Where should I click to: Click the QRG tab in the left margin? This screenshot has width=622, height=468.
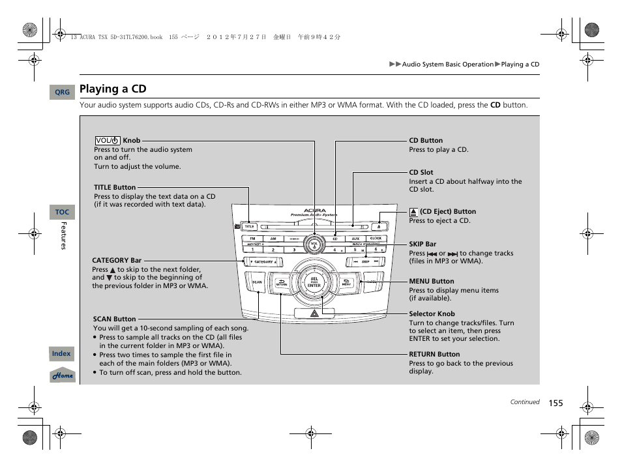click(x=62, y=93)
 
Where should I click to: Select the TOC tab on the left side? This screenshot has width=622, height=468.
click(x=62, y=212)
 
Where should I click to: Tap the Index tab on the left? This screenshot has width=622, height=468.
click(x=61, y=353)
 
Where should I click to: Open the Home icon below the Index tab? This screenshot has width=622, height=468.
click(x=63, y=375)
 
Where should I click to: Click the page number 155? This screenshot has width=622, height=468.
click(x=555, y=403)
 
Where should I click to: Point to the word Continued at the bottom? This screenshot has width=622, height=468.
click(x=524, y=402)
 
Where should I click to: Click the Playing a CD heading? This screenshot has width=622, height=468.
click(x=113, y=89)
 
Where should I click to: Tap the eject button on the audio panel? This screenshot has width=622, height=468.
click(x=379, y=227)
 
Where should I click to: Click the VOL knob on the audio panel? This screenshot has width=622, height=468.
click(x=314, y=245)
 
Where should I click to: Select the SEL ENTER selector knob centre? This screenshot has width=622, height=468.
click(x=314, y=282)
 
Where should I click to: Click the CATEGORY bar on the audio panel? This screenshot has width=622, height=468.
click(x=263, y=261)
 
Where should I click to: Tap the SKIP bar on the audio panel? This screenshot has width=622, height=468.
click(x=365, y=261)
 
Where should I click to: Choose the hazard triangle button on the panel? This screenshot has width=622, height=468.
click(x=314, y=314)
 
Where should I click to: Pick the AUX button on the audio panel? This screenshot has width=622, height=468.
click(x=355, y=239)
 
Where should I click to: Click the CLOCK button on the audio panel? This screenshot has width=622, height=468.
click(x=376, y=239)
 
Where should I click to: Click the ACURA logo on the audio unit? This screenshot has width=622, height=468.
click(x=314, y=211)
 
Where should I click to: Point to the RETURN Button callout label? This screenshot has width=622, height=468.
click(x=434, y=355)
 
